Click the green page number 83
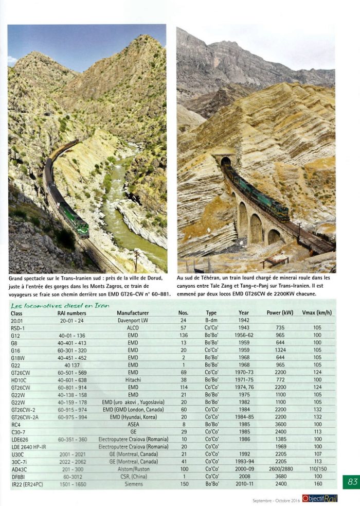(352, 482)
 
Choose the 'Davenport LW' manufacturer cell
(133, 320)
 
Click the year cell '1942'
(244, 320)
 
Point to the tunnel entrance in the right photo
(225, 162)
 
